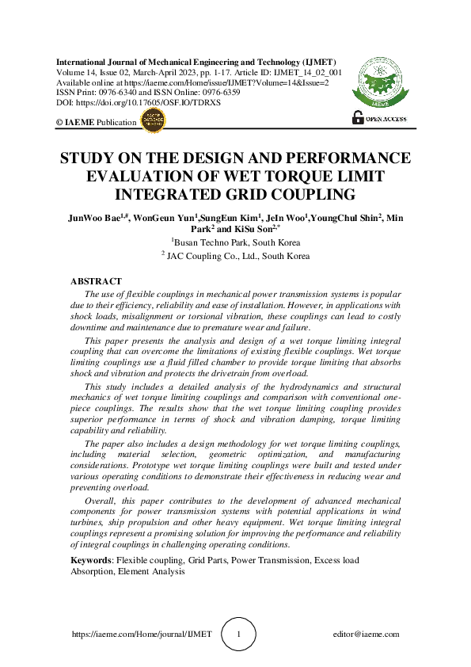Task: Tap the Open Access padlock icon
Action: [x=357, y=118]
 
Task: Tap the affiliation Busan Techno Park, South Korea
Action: [x=235, y=242]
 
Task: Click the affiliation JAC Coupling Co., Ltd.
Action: [x=235, y=256]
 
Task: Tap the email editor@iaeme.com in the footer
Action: [x=367, y=635]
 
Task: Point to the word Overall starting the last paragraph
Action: [x=101, y=503]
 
